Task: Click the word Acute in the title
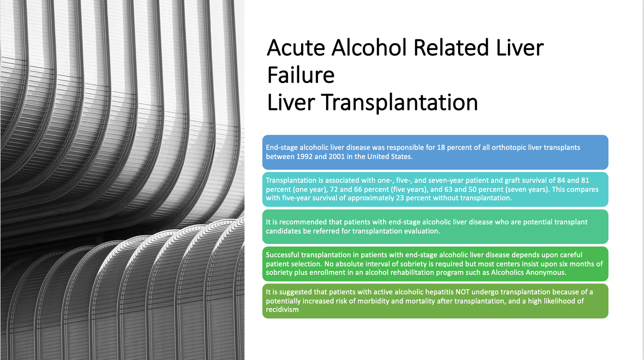pos(296,48)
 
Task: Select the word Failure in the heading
pos(301,75)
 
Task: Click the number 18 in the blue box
pos(441,147)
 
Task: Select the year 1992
pos(304,157)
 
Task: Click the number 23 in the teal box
pos(400,198)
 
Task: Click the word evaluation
pos(423,231)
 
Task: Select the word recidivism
pos(282,310)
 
